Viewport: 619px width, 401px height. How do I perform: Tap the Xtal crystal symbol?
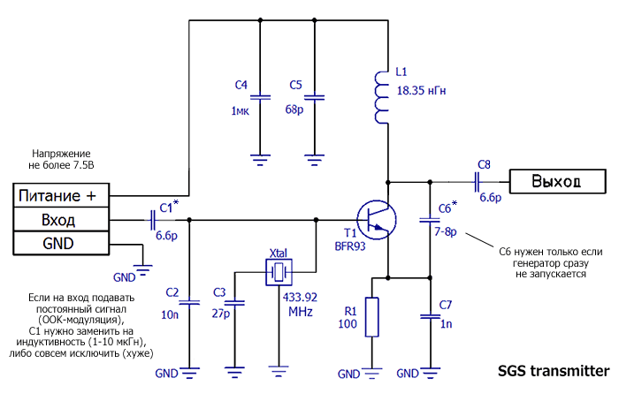(x=280, y=271)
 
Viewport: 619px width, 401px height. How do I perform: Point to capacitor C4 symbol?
(x=259, y=96)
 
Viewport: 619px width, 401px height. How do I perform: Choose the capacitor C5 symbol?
(x=316, y=96)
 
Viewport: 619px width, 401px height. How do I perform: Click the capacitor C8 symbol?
(x=478, y=182)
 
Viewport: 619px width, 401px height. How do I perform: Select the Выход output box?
(x=556, y=182)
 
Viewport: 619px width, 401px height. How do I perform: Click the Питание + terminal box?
(x=59, y=195)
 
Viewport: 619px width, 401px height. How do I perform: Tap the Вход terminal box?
(x=59, y=219)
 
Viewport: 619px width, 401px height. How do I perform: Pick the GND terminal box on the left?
(x=59, y=243)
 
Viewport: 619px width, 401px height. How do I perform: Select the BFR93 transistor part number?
(x=350, y=247)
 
